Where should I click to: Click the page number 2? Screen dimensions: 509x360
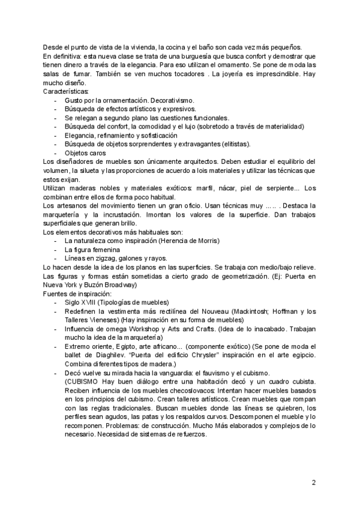click(x=313, y=482)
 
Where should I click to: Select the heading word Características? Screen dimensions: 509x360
click(x=66, y=91)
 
